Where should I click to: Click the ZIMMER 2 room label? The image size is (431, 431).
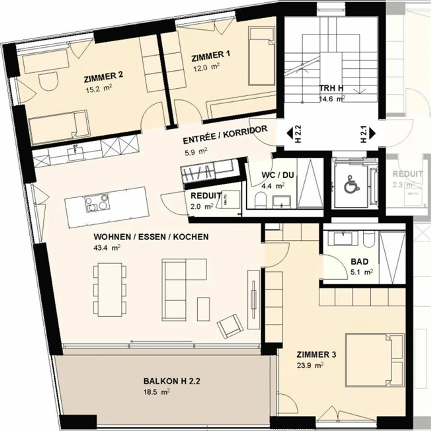(103, 77)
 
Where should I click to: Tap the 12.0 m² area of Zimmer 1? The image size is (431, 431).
(206, 67)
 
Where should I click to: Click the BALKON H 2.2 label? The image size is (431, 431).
(172, 381)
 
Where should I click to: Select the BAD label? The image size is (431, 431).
(359, 262)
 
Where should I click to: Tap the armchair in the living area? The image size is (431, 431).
(230, 326)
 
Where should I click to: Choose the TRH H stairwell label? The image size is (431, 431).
(331, 88)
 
